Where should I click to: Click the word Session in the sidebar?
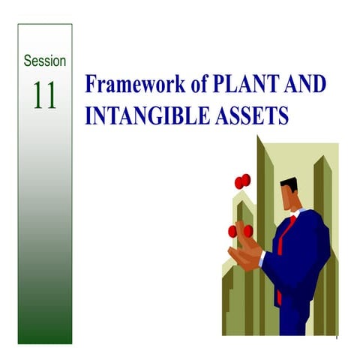[x=45, y=60]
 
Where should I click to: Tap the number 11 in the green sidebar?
[x=45, y=95]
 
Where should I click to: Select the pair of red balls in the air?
[x=241, y=181]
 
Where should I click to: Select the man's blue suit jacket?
[x=304, y=255]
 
